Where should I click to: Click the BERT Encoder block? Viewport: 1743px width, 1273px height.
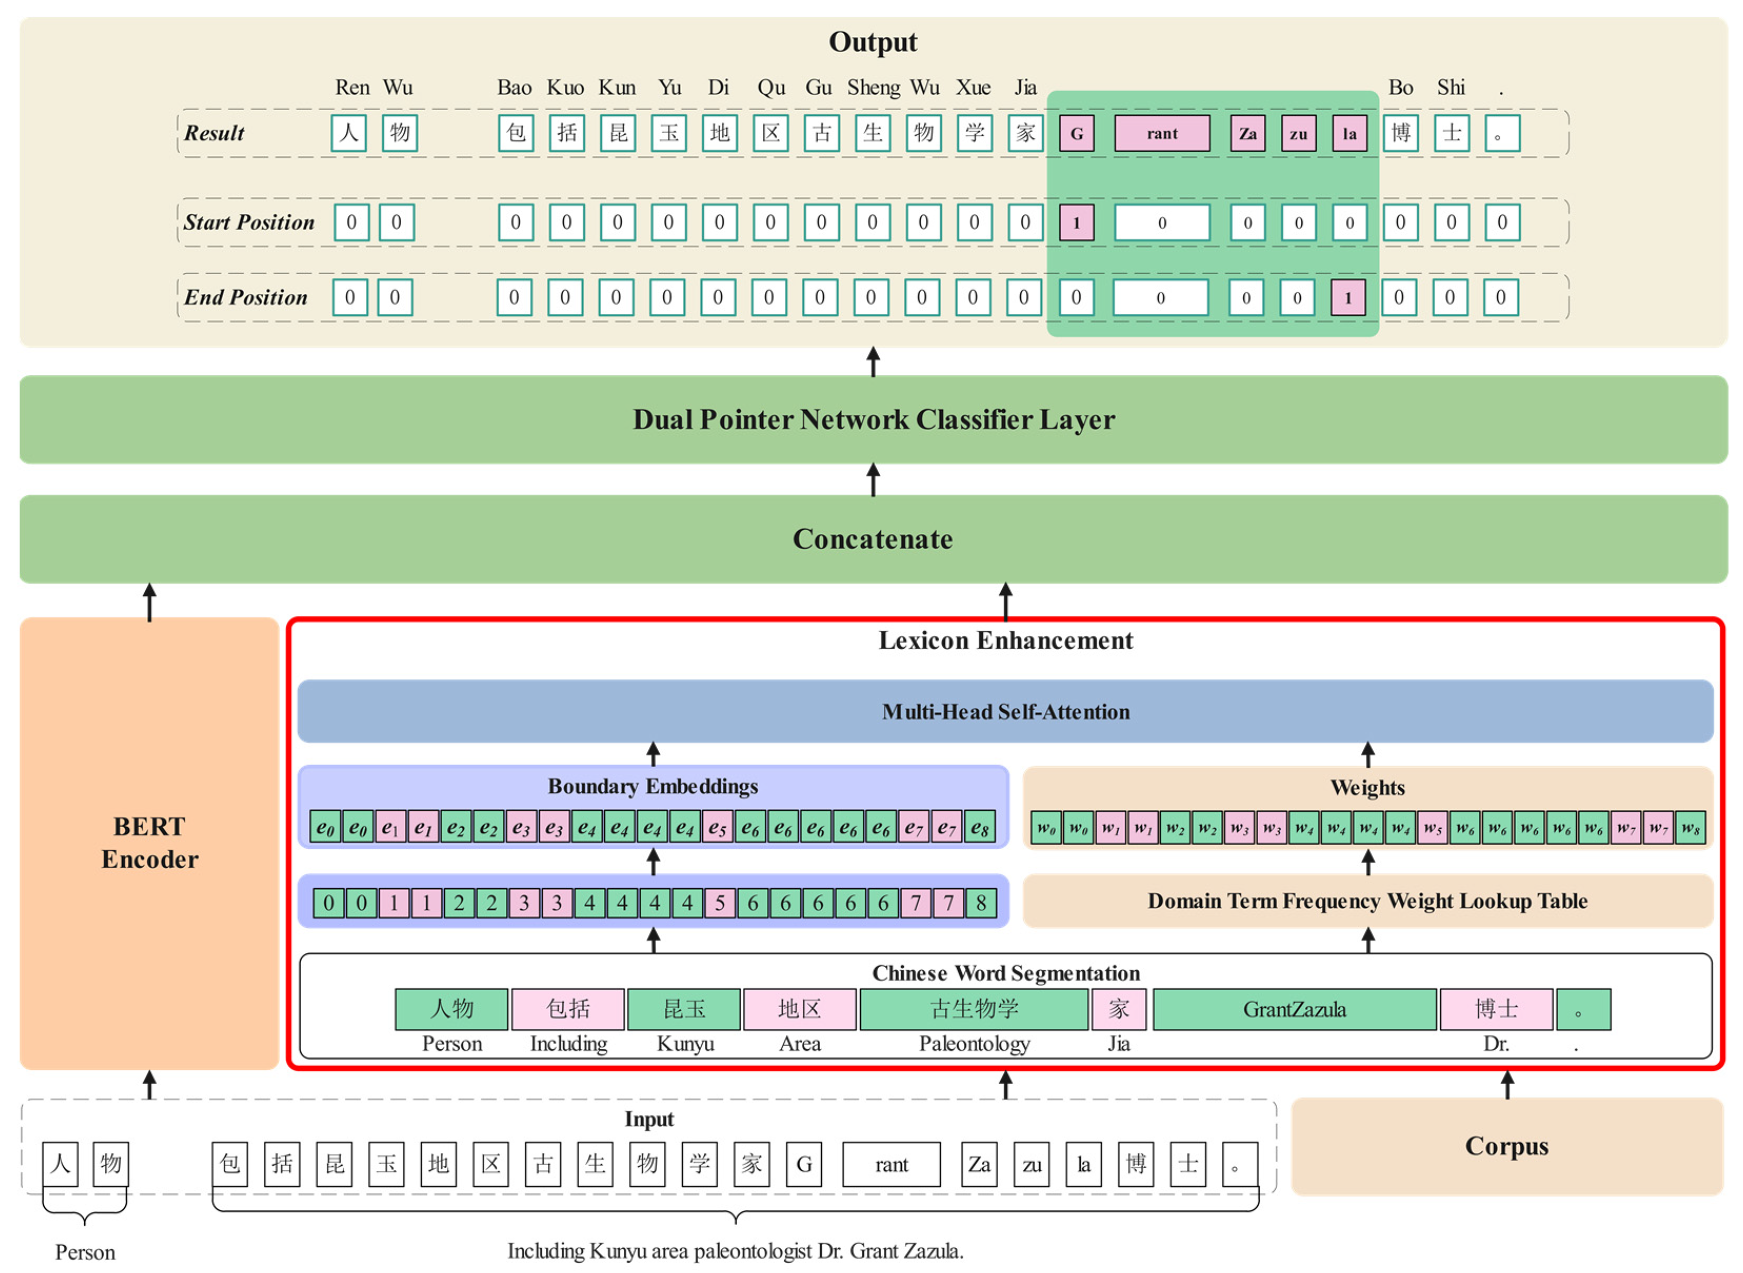click(x=150, y=842)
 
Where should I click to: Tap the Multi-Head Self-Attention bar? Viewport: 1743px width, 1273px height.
click(x=1005, y=711)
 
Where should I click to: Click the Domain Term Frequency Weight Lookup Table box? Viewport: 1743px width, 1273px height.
click(x=1367, y=901)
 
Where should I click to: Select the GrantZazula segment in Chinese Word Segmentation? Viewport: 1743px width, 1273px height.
click(x=1294, y=1009)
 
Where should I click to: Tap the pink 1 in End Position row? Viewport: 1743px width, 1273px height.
click(x=1347, y=298)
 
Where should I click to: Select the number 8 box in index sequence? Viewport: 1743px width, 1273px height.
click(x=980, y=902)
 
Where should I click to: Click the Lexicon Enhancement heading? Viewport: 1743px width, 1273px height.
click(x=1005, y=640)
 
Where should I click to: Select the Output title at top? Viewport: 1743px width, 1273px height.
click(x=872, y=42)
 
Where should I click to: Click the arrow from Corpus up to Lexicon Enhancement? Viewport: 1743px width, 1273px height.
click(x=1507, y=1085)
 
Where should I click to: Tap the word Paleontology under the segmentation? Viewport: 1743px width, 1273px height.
click(x=974, y=1044)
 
